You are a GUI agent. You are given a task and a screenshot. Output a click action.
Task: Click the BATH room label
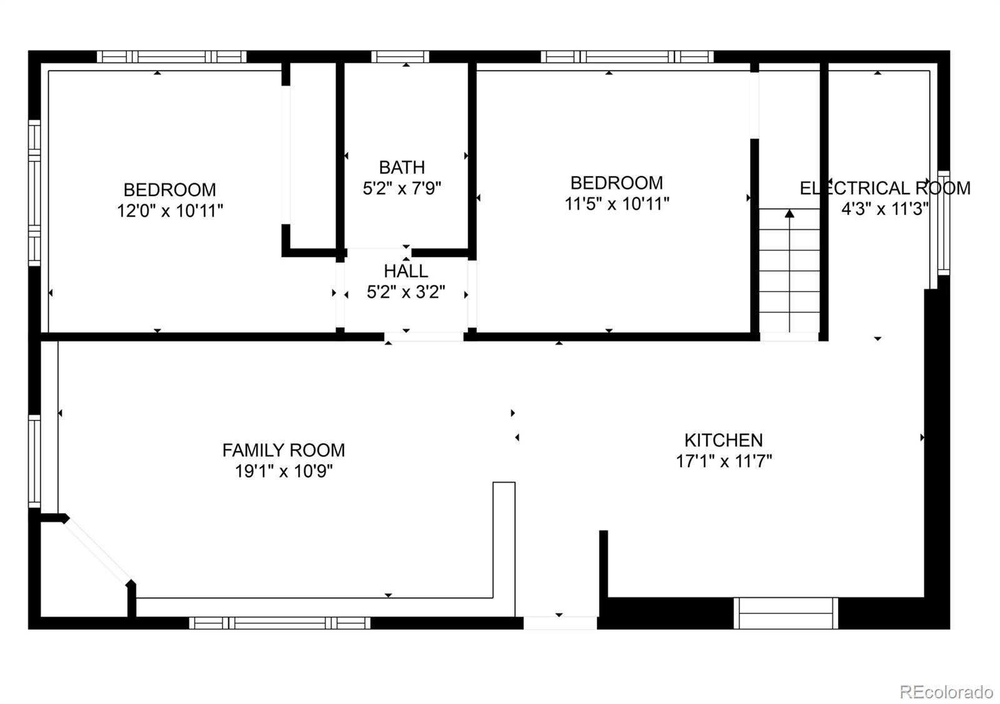402,168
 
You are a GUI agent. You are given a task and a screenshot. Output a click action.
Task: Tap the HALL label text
406,271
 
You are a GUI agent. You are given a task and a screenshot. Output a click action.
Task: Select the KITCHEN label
724,440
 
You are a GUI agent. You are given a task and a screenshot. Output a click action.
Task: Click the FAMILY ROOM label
284,450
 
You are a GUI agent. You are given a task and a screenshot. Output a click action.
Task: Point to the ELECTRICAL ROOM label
885,188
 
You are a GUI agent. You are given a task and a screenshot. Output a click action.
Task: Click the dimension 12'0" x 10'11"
169,211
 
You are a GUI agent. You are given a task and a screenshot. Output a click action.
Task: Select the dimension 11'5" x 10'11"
617,204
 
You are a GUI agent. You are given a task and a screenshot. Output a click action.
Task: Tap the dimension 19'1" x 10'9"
284,471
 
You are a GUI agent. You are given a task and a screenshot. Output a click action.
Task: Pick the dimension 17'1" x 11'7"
724,461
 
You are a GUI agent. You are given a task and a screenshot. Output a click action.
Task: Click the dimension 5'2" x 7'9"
402,188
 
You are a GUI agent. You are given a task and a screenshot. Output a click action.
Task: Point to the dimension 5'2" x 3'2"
406,292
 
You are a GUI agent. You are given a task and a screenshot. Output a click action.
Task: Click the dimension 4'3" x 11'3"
885,209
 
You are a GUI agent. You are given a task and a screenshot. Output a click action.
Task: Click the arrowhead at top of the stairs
789,214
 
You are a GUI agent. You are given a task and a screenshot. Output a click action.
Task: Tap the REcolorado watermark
946,692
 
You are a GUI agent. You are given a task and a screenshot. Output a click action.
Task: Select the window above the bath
400,57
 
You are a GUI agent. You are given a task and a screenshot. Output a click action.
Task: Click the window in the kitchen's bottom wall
786,613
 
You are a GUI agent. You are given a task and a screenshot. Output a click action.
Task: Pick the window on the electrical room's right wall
943,223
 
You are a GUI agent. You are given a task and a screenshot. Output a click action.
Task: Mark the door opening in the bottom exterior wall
560,623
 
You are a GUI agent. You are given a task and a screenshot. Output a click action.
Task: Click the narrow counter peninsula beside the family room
504,549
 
